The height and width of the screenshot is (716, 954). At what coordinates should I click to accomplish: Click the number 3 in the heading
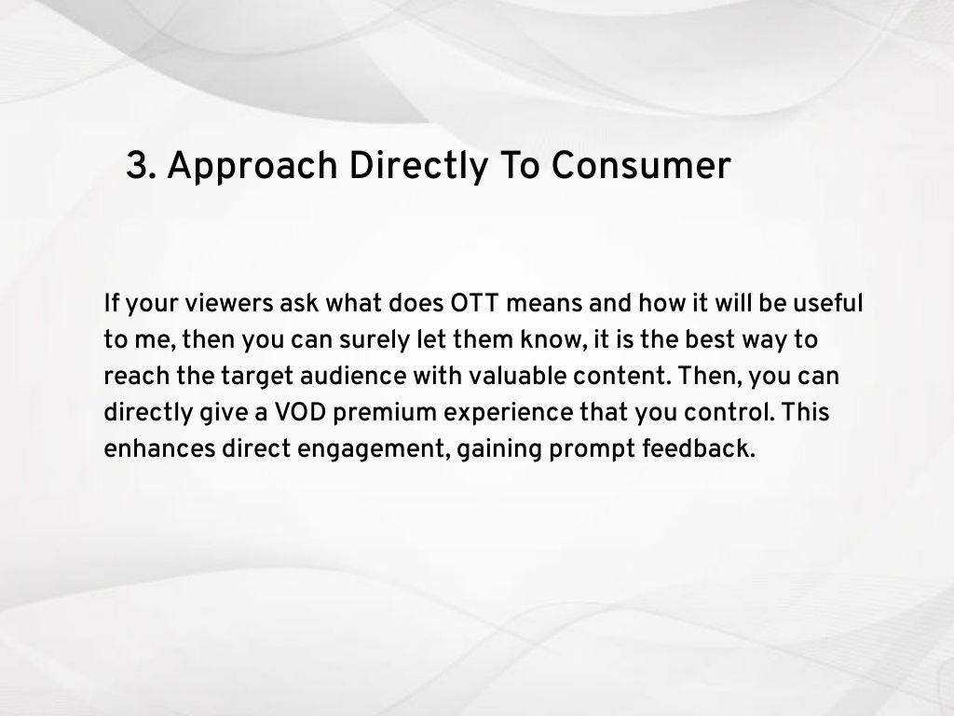coord(138,166)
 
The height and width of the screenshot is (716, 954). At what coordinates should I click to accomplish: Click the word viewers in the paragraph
coord(229,303)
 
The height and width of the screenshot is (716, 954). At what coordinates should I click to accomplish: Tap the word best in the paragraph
coord(710,339)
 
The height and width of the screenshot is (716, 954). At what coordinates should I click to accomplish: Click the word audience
coord(353,376)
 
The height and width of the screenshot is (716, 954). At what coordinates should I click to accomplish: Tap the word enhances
coord(159,448)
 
